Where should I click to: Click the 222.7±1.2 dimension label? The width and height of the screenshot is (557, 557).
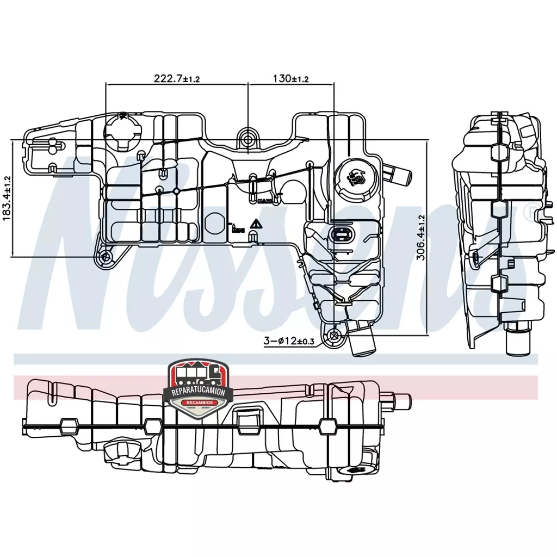tap(177, 78)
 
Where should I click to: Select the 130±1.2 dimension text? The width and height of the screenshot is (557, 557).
tap(290, 78)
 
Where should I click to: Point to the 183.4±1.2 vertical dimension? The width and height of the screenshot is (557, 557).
tap(7, 197)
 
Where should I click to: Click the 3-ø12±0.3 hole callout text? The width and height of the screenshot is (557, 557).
tap(289, 341)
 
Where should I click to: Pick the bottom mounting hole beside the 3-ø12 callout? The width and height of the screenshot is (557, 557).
tap(333, 336)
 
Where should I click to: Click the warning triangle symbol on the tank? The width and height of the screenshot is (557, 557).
tap(254, 224)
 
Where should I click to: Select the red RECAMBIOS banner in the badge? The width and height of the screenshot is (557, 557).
tap(199, 403)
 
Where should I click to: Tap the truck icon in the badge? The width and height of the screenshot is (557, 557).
tap(199, 373)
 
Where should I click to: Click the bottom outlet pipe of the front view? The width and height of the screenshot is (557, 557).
tap(362, 340)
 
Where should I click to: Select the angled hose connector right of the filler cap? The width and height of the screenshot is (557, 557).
tap(399, 174)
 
